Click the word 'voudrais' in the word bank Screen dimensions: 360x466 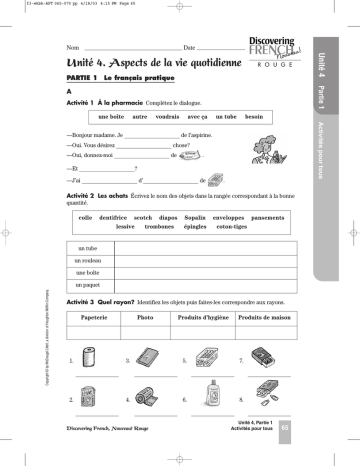tap(157, 117)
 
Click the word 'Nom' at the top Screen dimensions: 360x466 tap(70, 47)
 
